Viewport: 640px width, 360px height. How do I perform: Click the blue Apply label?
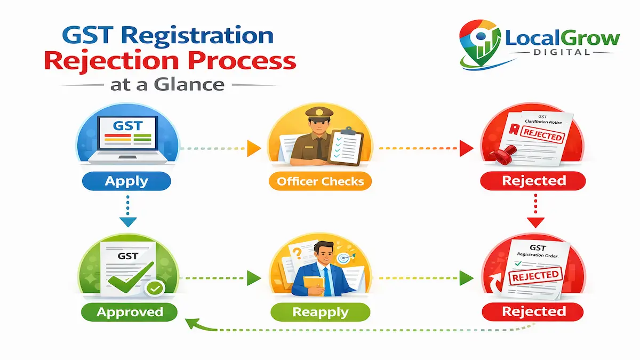tap(126, 181)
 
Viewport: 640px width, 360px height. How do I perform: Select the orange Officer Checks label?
tap(320, 181)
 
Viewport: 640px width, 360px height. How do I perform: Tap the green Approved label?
tap(130, 311)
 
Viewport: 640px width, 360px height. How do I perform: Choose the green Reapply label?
tap(320, 311)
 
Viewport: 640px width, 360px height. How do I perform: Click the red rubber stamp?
tap(502, 155)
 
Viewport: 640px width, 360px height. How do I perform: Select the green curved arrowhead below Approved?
tap(190, 323)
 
